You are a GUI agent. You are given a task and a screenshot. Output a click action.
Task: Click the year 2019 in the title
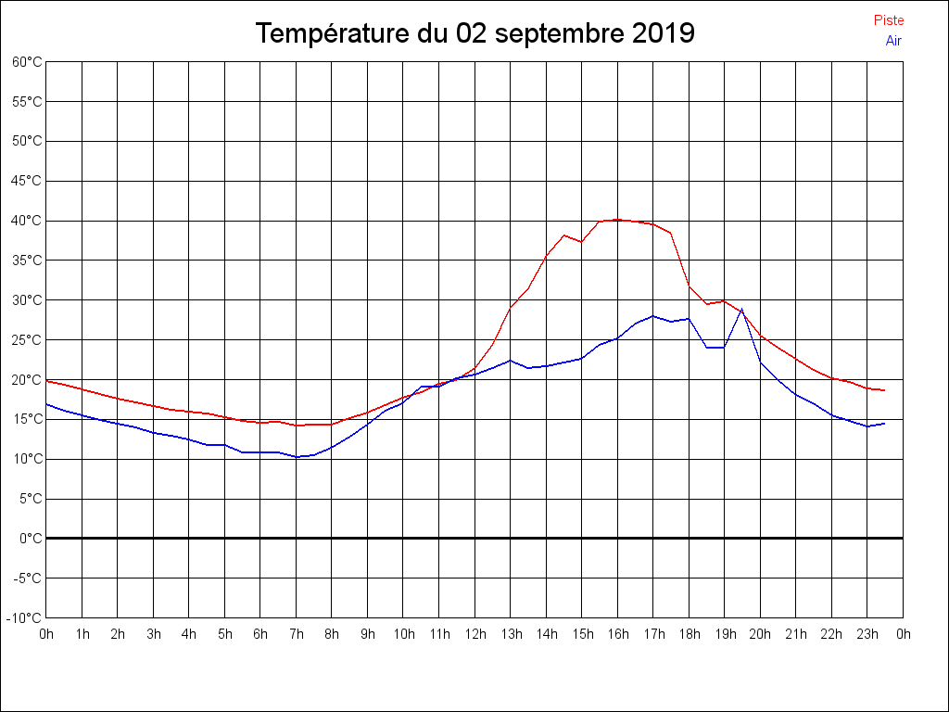click(663, 34)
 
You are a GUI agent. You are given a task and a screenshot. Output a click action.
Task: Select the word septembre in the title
click(558, 34)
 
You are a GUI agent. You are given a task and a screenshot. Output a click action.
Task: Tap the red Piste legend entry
click(889, 20)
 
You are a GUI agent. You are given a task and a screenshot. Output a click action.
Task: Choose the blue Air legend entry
click(893, 41)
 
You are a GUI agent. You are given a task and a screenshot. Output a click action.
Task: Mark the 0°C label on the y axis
click(31, 539)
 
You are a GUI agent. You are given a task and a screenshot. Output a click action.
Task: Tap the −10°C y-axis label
click(25, 618)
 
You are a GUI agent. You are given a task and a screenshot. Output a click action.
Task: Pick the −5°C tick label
click(27, 578)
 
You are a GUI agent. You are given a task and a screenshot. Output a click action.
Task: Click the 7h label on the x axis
click(297, 635)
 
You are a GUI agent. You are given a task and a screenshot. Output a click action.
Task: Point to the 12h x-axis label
click(474, 635)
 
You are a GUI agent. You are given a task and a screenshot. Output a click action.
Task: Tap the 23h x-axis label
click(867, 635)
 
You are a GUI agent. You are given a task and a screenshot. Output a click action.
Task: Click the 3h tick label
click(154, 635)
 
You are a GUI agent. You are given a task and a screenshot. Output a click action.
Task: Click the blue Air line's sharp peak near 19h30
click(741, 309)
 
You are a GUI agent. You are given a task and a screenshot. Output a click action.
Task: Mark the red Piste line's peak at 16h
click(617, 220)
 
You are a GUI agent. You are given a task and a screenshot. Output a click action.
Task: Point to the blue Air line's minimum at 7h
click(297, 457)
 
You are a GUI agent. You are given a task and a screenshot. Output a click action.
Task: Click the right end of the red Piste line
click(884, 390)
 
